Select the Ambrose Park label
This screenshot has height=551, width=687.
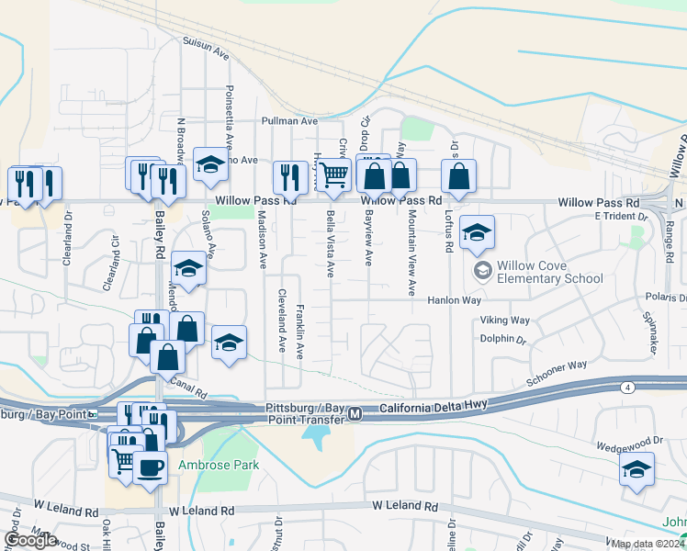pyautogui.click(x=219, y=465)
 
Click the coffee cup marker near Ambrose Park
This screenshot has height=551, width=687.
pyautogui.click(x=150, y=467)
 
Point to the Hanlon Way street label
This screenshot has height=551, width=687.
pyautogui.click(x=455, y=300)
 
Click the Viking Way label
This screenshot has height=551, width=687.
pyautogui.click(x=505, y=320)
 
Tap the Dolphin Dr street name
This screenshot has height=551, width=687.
pyautogui.click(x=501, y=339)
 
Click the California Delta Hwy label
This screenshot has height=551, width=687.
pyautogui.click(x=436, y=409)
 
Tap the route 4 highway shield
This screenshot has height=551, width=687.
pyautogui.click(x=627, y=388)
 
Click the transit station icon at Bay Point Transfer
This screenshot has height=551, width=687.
pyautogui.click(x=354, y=415)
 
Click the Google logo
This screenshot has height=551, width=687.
pyautogui.click(x=30, y=540)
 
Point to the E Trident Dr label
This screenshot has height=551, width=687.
pyautogui.click(x=622, y=216)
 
